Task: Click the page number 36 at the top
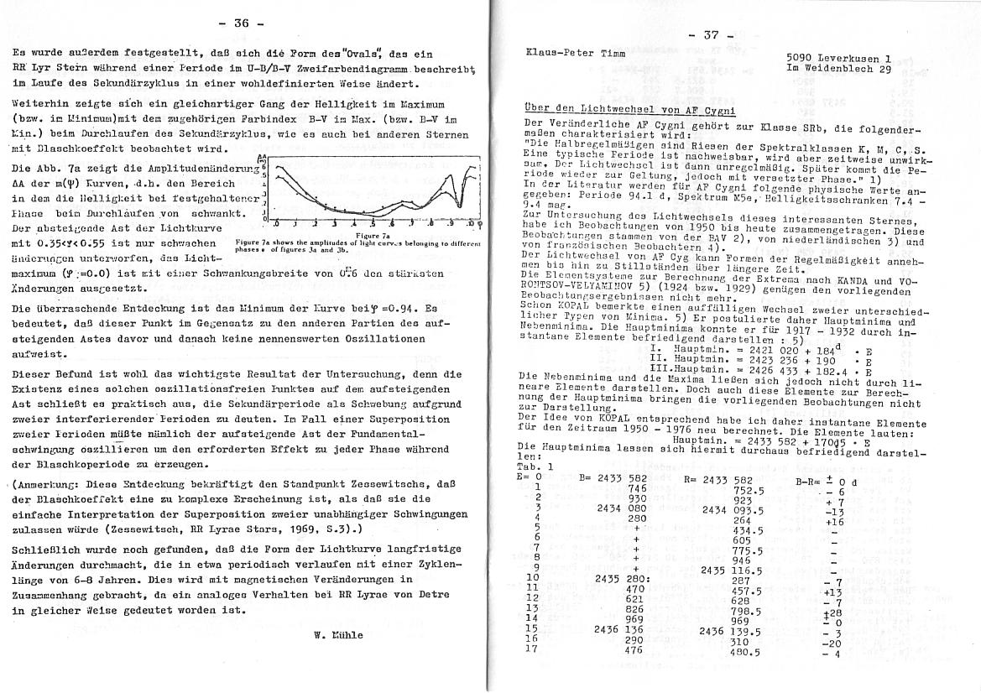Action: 241,23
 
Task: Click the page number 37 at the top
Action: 711,34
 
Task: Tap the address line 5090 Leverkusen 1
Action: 838,58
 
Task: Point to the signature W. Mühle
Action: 338,635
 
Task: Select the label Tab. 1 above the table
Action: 535,466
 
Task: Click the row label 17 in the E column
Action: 530,649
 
